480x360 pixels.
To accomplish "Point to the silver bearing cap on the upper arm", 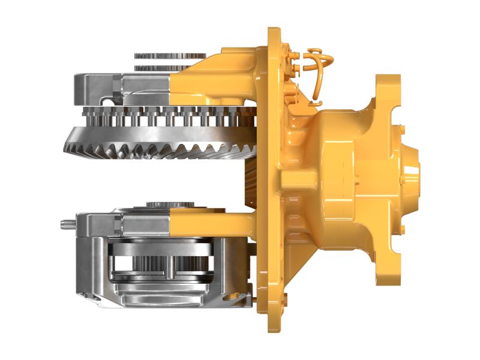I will pos(99,84).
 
